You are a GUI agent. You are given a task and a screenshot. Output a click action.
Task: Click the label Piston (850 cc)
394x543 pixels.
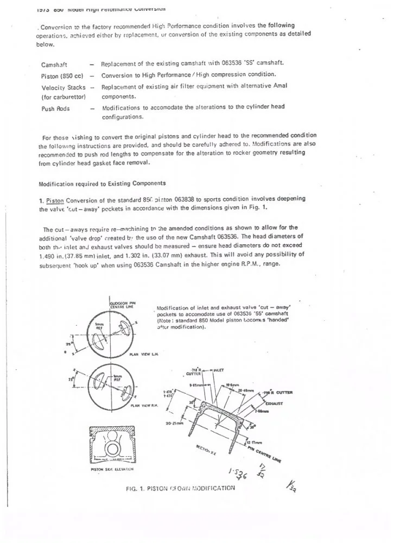click(x=61, y=75)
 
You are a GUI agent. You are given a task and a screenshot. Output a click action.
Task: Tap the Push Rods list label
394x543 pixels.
click(x=55, y=109)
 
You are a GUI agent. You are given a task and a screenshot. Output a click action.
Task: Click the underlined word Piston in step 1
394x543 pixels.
click(x=54, y=198)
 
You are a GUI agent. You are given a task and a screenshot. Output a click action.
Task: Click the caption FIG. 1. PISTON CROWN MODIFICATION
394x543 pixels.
click(x=180, y=487)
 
